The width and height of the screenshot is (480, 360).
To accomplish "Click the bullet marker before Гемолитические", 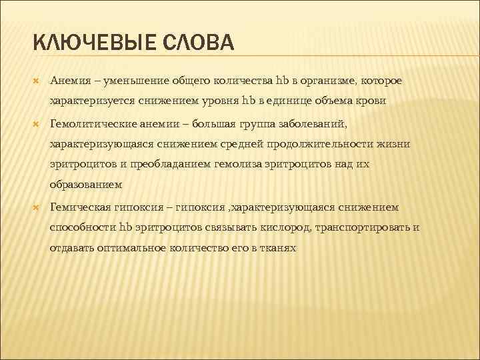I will [x=37, y=123].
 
